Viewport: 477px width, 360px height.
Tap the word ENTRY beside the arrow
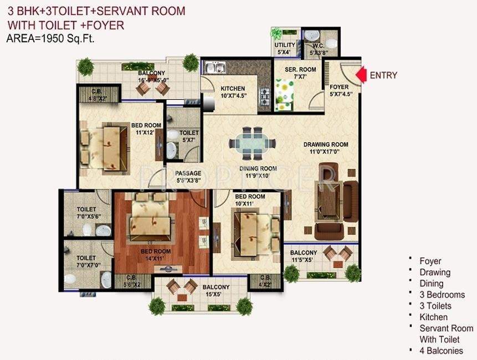[x=383, y=75]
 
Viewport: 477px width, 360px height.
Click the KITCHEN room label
[x=233, y=89]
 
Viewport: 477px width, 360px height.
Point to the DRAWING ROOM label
[x=326, y=145]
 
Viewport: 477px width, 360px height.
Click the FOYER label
[x=339, y=88]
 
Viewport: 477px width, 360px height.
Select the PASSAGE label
[x=188, y=173]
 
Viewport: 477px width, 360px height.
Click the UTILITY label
[x=285, y=45]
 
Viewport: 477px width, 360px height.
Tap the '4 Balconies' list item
[x=441, y=350]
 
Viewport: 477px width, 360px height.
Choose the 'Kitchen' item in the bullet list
[x=434, y=317]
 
